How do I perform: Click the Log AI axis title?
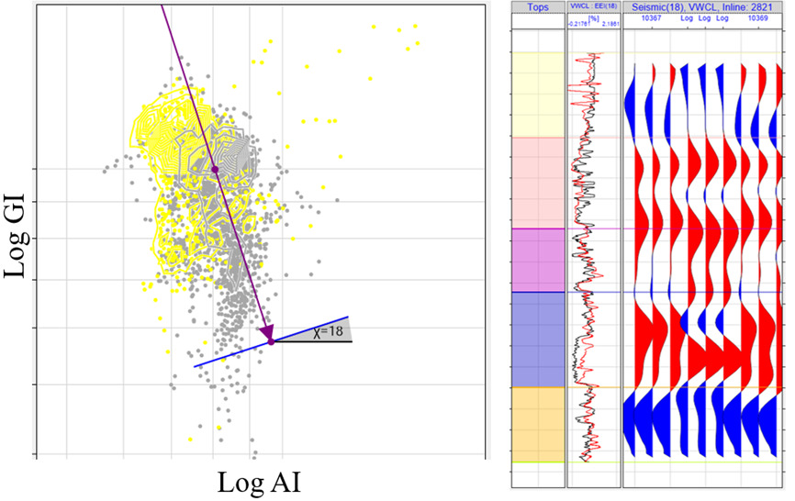pos(260,482)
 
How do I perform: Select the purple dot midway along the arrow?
pos(215,169)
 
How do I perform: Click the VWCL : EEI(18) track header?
pos(593,6)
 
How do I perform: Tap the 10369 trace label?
pos(758,18)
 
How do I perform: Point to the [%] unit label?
pos(594,17)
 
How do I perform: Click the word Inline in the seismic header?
pos(725,6)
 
